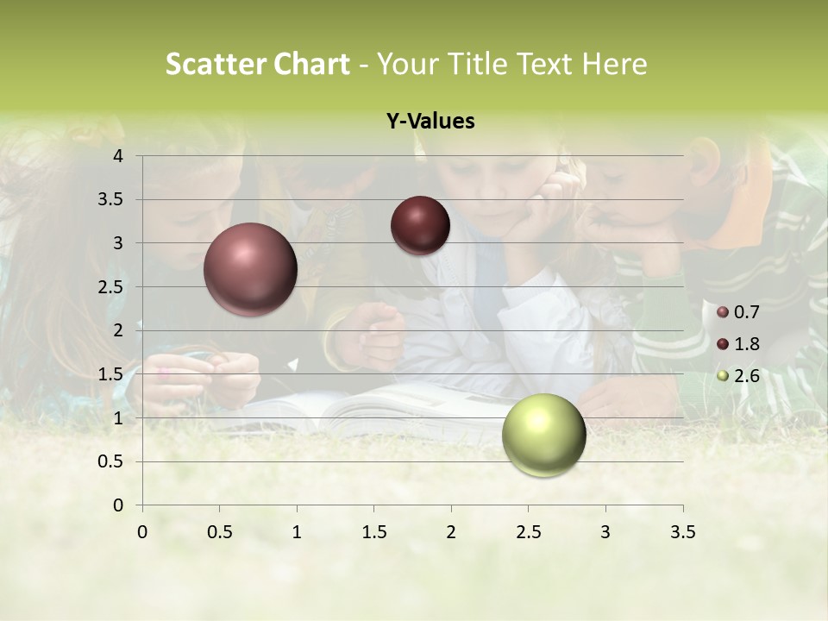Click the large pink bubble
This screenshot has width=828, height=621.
[250, 269]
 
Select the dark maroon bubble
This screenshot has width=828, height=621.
[420, 225]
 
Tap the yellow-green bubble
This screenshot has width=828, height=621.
[543, 435]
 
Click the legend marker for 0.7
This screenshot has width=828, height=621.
[723, 311]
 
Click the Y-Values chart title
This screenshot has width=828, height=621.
[430, 122]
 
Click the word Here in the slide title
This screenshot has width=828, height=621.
[615, 64]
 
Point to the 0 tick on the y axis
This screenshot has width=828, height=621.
[119, 505]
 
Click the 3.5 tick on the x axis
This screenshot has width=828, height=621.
[682, 532]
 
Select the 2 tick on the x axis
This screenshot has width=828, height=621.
[451, 532]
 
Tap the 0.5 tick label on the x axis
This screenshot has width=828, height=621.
[219, 532]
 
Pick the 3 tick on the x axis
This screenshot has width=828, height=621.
[605, 532]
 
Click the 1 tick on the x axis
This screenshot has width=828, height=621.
[297, 532]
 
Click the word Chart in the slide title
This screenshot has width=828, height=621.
[312, 64]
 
